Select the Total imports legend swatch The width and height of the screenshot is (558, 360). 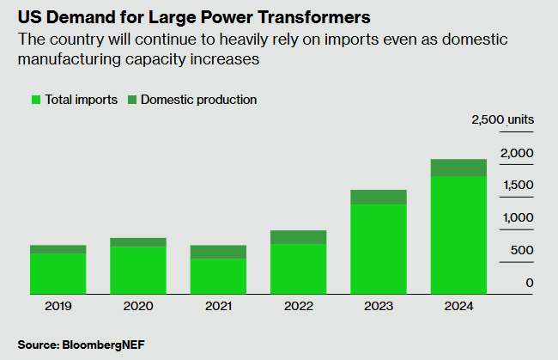37,100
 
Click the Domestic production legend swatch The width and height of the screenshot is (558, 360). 132,100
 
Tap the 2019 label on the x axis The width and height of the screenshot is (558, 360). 58,306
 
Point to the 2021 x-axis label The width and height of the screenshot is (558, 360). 218,306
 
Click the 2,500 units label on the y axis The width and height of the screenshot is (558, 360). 502,119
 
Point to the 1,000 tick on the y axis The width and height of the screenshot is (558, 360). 517,217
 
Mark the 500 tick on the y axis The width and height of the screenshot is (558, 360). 522,250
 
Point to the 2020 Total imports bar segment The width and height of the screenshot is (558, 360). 138,270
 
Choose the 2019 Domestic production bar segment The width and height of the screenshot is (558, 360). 58,249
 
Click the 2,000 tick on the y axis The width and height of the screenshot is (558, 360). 517,153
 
